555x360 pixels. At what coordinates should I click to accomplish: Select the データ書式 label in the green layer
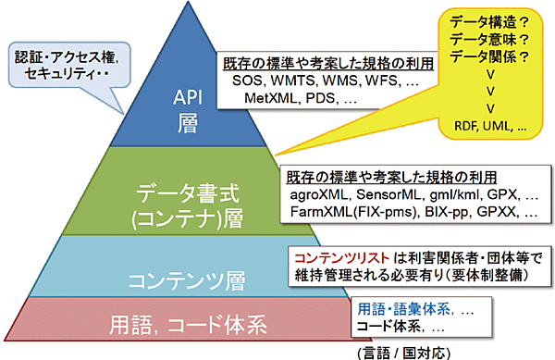(x=180, y=195)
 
